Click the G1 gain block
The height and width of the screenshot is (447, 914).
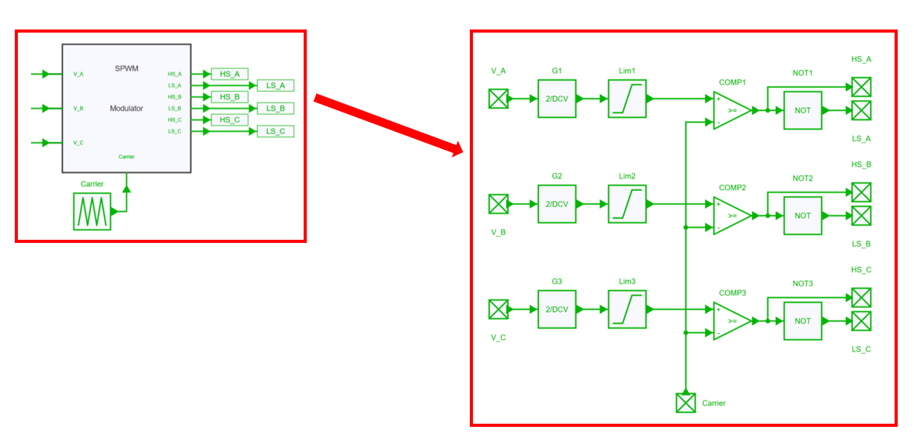pyautogui.click(x=557, y=99)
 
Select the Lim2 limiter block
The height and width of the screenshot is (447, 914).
pyautogui.click(x=627, y=204)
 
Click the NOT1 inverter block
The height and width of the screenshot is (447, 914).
pyautogui.click(x=802, y=110)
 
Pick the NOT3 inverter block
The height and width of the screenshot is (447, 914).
pyautogui.click(x=802, y=321)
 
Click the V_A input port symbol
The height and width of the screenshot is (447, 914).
pyautogui.click(x=498, y=99)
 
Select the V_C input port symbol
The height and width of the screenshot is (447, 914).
pyautogui.click(x=498, y=310)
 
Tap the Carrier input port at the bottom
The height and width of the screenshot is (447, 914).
pyautogui.click(x=685, y=403)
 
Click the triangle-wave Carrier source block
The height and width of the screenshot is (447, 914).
pyautogui.click(x=92, y=211)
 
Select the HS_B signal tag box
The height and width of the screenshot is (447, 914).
pyautogui.click(x=229, y=97)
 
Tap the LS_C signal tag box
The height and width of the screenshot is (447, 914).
pyautogui.click(x=276, y=132)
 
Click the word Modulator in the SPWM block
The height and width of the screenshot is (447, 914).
pyautogui.click(x=127, y=109)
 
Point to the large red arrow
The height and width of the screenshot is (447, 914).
pyautogui.click(x=388, y=124)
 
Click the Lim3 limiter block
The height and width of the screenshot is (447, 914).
pyautogui.click(x=627, y=309)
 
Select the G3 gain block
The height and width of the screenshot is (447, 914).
pyautogui.click(x=557, y=309)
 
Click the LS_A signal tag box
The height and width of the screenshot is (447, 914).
pyautogui.click(x=276, y=85)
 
